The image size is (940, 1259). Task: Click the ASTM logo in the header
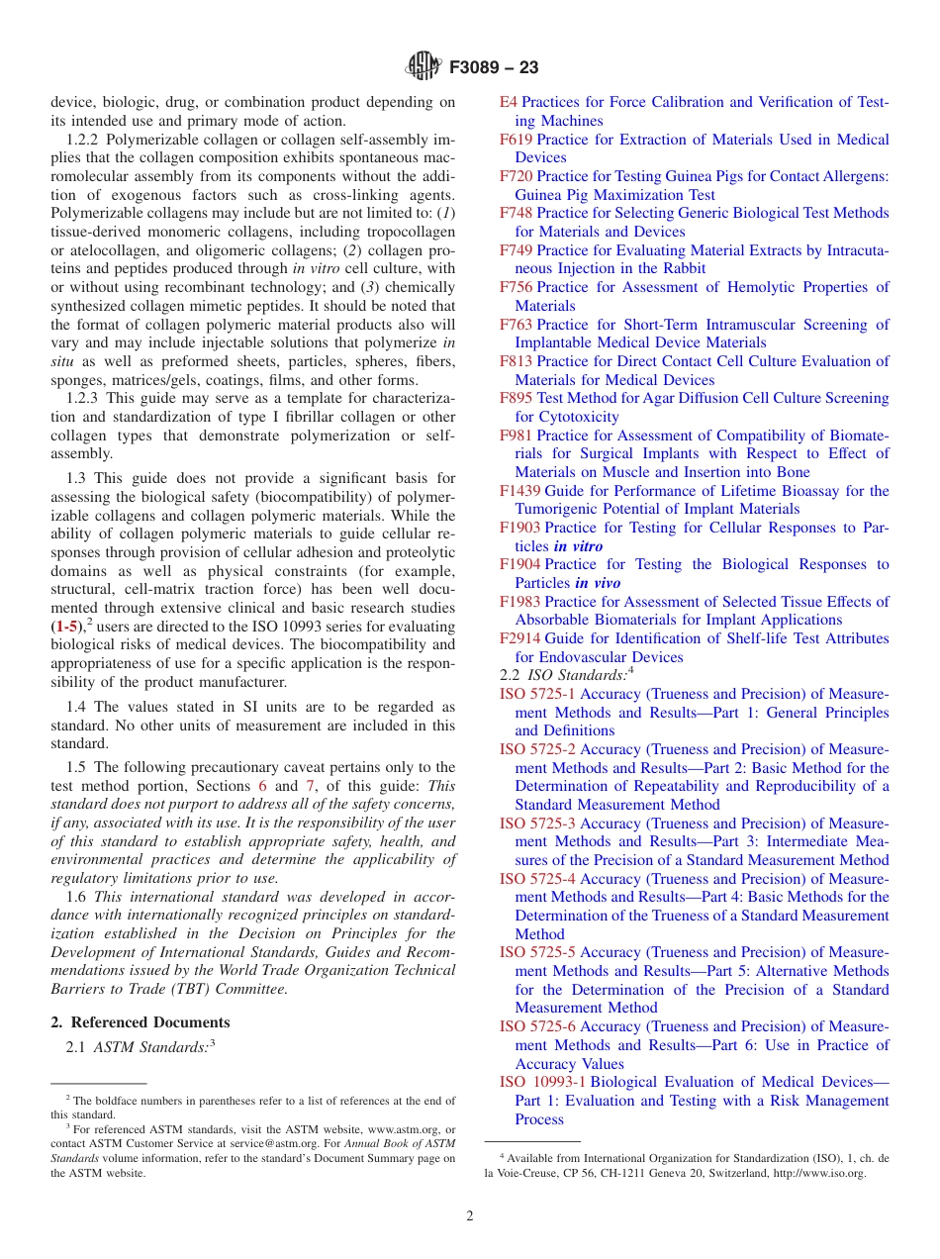point(424,67)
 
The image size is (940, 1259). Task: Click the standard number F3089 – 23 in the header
point(494,68)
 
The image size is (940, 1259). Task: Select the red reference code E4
point(508,102)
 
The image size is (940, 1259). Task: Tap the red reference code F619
point(516,140)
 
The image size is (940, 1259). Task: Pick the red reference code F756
point(516,287)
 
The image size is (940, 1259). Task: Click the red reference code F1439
point(520,491)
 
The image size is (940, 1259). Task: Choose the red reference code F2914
point(520,638)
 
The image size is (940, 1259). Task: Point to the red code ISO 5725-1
point(537,694)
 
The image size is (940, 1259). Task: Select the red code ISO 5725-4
point(537,879)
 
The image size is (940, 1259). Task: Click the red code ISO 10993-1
point(542,1082)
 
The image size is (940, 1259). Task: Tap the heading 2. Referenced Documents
point(141,1022)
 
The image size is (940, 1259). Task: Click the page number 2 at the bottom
point(470,1216)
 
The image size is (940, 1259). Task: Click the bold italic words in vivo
point(598,583)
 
